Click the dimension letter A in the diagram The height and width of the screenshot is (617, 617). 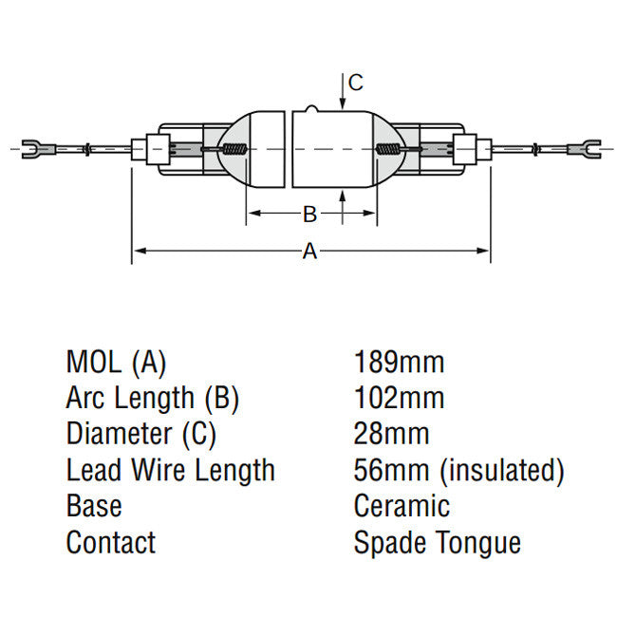(309, 251)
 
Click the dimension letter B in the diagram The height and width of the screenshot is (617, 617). (309, 215)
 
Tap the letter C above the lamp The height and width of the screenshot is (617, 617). (356, 83)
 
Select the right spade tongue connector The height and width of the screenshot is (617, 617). (585, 149)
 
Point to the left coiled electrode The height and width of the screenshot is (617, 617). (234, 149)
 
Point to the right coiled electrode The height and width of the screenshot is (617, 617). (388, 149)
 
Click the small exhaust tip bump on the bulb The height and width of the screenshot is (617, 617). (310, 108)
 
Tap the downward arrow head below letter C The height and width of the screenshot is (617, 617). (343, 103)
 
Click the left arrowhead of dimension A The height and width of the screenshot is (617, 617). (140, 251)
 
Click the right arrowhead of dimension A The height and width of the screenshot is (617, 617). (482, 251)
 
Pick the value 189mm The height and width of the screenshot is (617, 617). (399, 362)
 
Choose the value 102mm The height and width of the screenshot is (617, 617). (399, 398)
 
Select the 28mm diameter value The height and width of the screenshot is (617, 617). (391, 434)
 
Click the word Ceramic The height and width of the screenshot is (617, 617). (402, 506)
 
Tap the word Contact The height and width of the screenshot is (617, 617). (111, 542)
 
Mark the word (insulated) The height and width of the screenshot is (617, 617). (502, 471)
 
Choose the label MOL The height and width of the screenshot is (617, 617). (94, 362)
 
